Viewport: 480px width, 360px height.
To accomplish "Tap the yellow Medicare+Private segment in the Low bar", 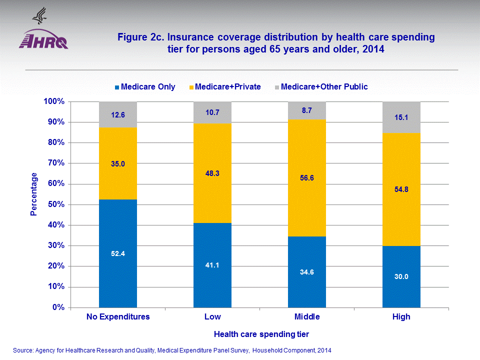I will pyautogui.click(x=212, y=172).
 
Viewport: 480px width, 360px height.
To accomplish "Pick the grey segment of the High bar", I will pyautogui.click(x=401, y=117).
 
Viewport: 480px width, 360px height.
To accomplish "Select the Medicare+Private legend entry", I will pyautogui.click(x=224, y=87).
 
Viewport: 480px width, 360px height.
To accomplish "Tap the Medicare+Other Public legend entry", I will pyautogui.click(x=320, y=87).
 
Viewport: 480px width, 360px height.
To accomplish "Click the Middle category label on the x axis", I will pyautogui.click(x=307, y=317).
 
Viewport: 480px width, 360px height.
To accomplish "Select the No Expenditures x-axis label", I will pyautogui.click(x=118, y=317).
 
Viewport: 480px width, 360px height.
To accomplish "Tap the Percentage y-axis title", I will pyautogui.click(x=34, y=194).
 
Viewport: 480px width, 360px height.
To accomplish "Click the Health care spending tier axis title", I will pyautogui.click(x=259, y=334).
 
